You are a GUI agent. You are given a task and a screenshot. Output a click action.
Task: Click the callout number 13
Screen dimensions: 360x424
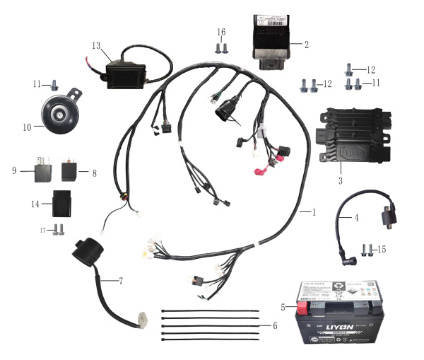pos(97,45)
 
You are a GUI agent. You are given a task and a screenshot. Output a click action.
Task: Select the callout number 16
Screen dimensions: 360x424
pos(221,32)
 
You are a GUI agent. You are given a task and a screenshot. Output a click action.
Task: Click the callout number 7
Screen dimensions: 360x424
pos(121,281)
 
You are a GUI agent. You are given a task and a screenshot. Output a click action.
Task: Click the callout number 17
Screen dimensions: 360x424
pos(42,229)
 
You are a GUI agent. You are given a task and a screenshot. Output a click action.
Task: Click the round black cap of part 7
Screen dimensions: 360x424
pos(86,248)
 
